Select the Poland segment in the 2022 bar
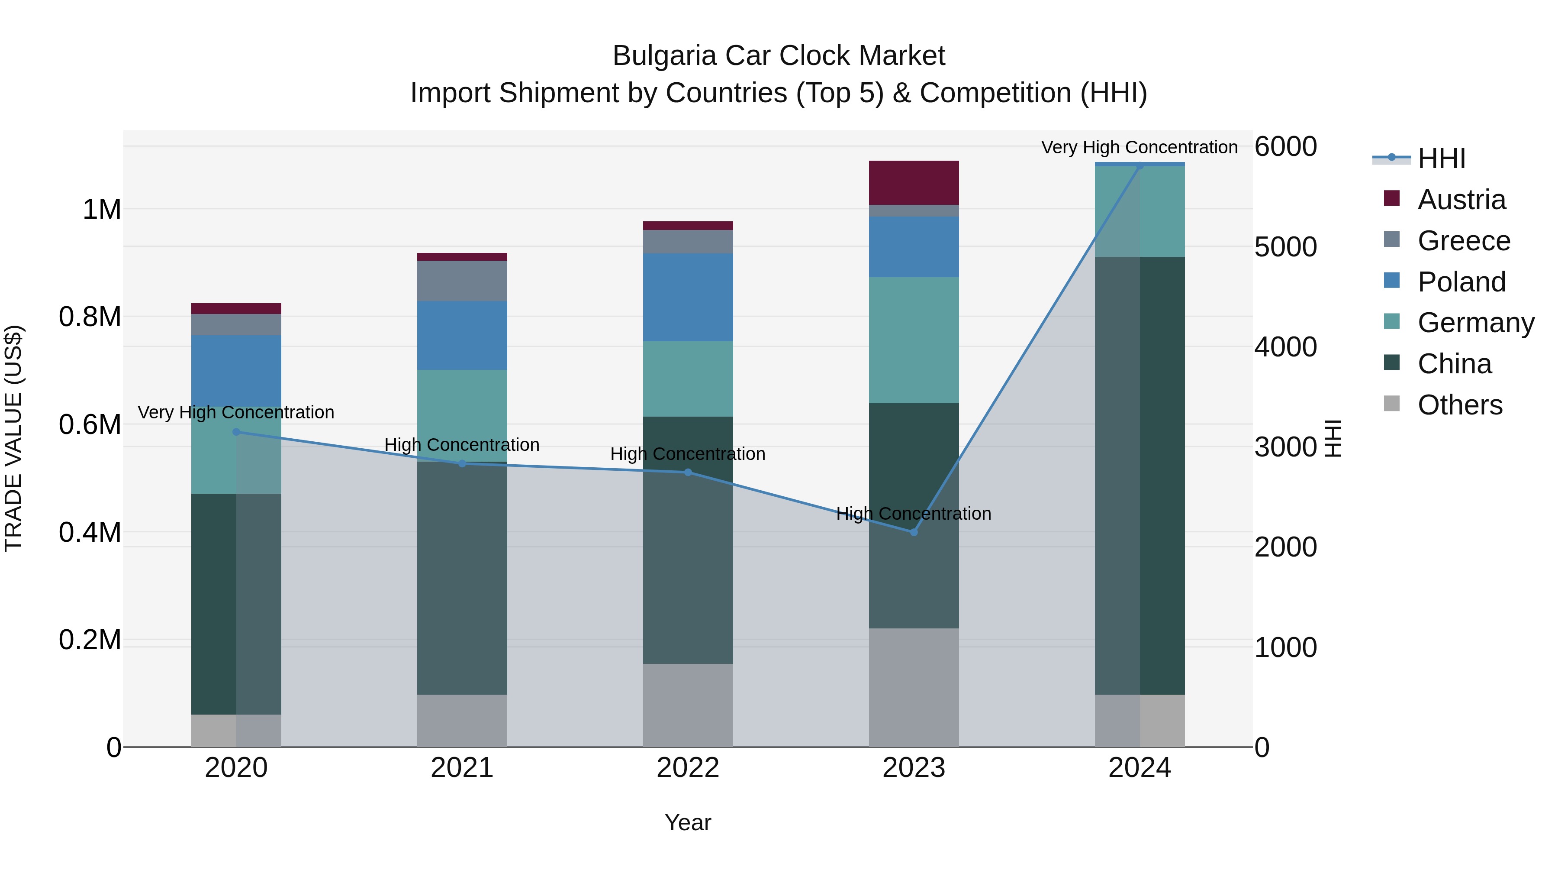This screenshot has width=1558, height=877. (x=688, y=297)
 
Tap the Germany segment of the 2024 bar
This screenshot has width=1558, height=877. (x=1140, y=211)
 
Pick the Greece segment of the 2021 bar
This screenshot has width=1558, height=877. (x=462, y=281)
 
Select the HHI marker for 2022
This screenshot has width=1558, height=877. (x=688, y=472)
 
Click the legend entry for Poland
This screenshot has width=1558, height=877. (x=1461, y=282)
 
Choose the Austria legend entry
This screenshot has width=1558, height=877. (x=1461, y=200)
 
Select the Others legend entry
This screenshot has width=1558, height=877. (x=1459, y=405)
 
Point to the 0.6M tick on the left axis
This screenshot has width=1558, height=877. (x=91, y=425)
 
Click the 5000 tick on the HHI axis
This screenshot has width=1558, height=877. (x=1285, y=247)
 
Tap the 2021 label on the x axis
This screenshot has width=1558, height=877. (x=462, y=768)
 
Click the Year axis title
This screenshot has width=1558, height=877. (x=688, y=822)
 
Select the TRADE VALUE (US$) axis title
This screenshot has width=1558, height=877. (x=14, y=438)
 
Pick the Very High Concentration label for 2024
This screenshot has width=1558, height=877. (x=1139, y=147)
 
